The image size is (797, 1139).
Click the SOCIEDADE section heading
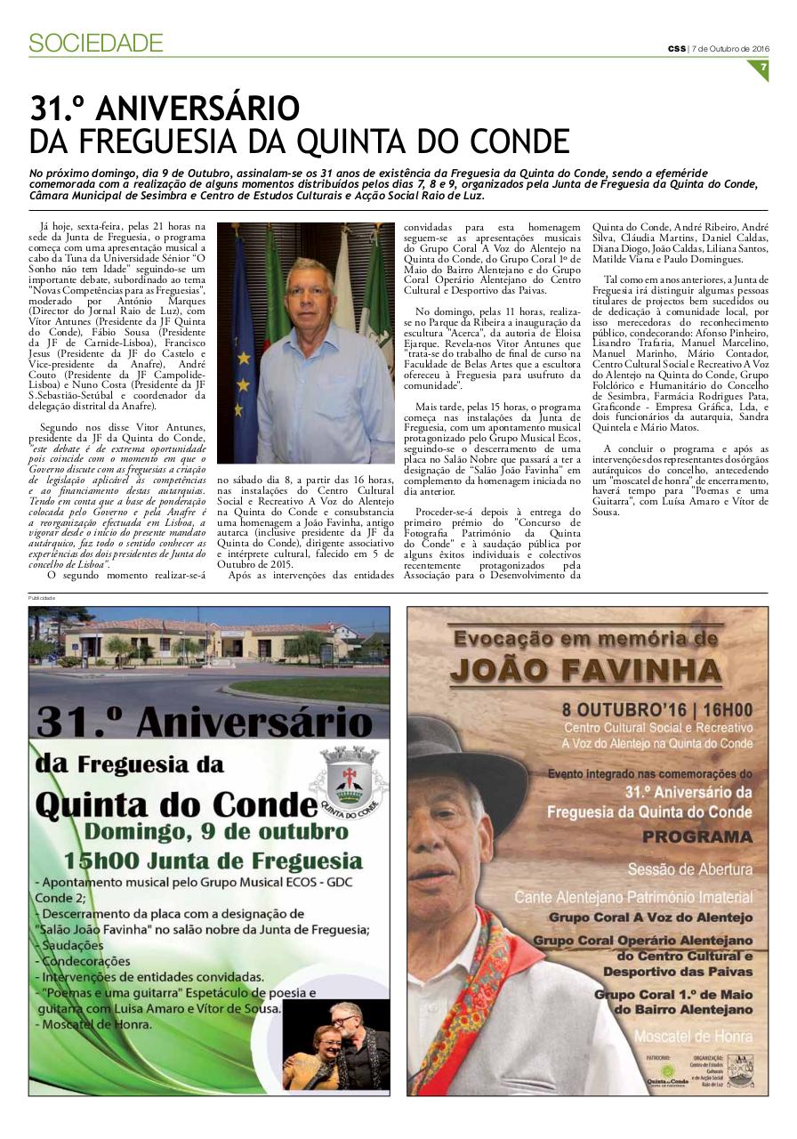pos(95,42)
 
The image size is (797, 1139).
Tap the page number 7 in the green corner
pos(762,67)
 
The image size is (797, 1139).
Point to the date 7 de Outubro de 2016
pos(730,48)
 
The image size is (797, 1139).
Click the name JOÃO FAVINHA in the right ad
pos(587,669)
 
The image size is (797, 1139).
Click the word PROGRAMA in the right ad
pos(696,837)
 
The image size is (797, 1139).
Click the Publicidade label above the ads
pos(42,599)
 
